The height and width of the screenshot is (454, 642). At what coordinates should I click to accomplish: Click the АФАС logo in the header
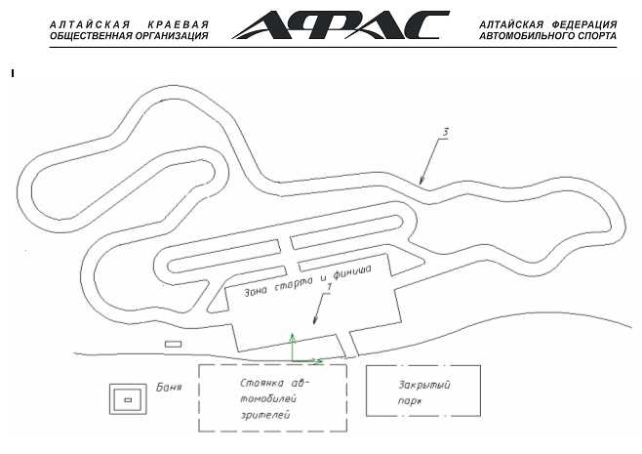click(341, 25)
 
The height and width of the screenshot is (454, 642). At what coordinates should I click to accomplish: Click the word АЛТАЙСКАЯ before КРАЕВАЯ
click(90, 25)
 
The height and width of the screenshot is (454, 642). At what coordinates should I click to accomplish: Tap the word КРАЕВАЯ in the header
click(179, 25)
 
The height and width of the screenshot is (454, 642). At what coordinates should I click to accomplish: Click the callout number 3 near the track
click(446, 133)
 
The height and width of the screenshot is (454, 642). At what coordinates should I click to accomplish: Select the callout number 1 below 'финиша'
click(329, 288)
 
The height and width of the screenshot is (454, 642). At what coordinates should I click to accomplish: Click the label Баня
click(169, 387)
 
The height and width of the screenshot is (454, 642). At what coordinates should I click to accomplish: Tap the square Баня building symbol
click(128, 399)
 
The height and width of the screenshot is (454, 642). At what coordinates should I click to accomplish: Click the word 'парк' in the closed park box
click(410, 401)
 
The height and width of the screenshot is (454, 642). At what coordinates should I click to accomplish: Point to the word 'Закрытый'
click(424, 385)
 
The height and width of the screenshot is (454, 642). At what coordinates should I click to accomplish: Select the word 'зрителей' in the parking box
click(265, 415)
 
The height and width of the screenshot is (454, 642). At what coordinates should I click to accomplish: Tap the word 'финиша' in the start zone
click(352, 272)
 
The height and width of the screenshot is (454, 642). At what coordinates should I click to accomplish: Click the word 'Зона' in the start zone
click(257, 291)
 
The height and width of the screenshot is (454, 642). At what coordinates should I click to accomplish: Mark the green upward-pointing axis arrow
click(293, 347)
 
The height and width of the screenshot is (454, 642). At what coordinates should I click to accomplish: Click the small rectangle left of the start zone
click(174, 345)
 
